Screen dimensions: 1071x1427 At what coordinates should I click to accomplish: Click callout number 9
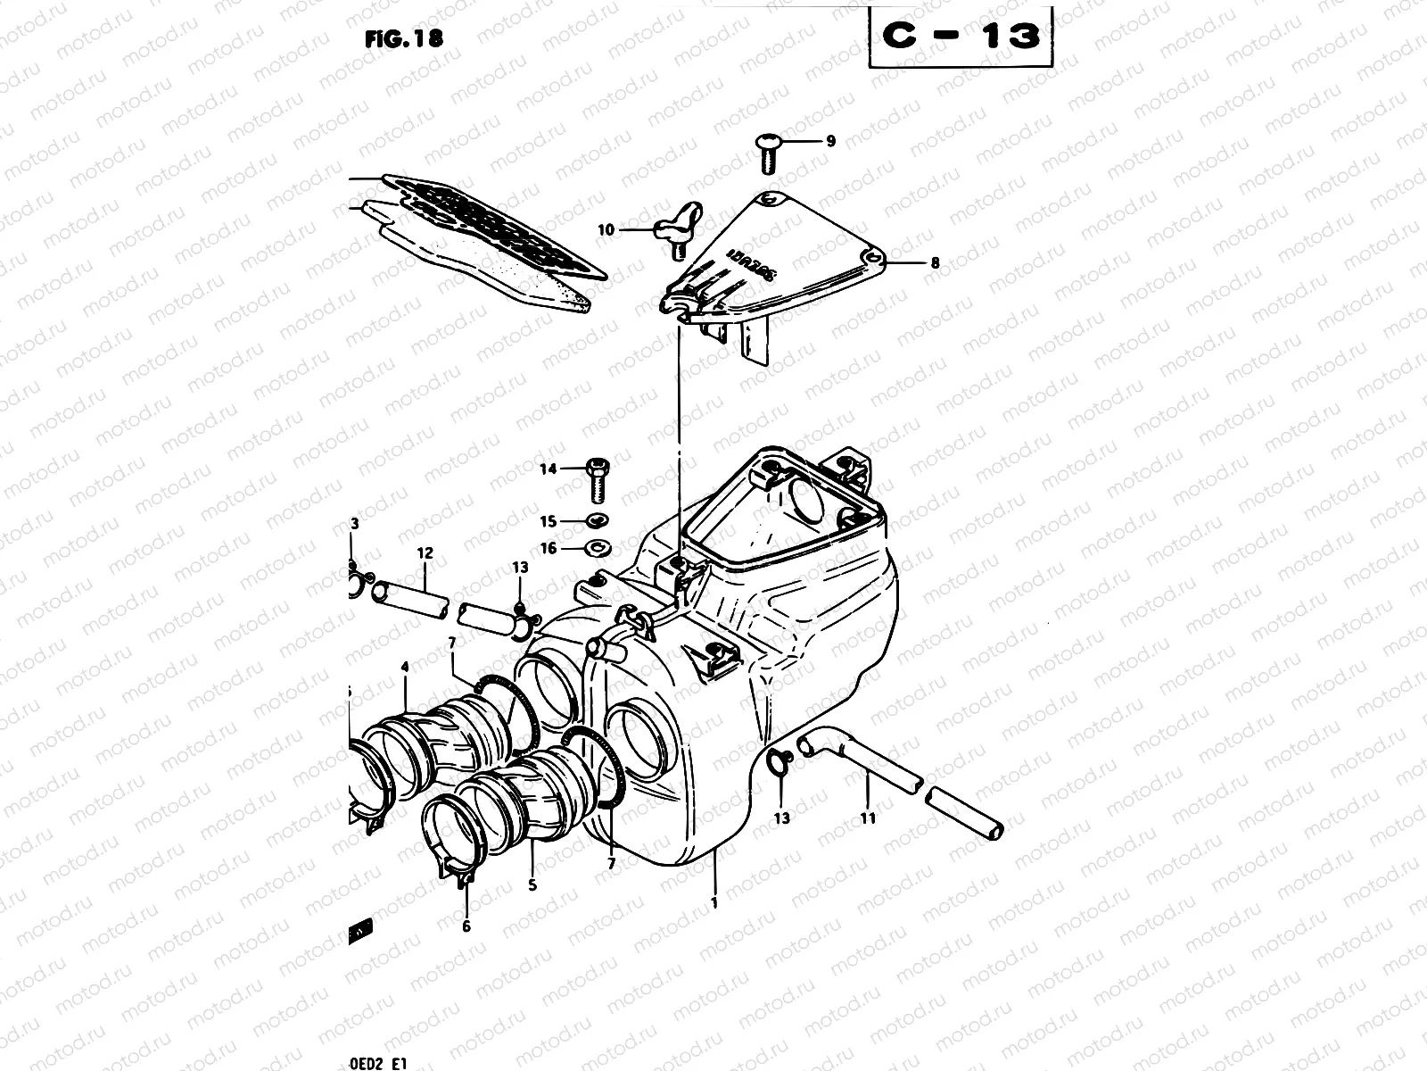[x=830, y=141]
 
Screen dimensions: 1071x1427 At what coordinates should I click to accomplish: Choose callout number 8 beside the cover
[x=935, y=263]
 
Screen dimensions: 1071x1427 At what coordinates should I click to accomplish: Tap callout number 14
[x=548, y=469]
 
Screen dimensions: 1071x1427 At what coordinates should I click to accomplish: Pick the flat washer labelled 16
[x=598, y=547]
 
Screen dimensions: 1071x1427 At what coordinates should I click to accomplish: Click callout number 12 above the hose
[x=425, y=553]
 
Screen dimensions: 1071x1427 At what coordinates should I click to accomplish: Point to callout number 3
[x=354, y=523]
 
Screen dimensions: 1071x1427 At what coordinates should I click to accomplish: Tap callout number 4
[x=405, y=666]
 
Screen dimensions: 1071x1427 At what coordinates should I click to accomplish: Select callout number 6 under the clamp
[x=466, y=926]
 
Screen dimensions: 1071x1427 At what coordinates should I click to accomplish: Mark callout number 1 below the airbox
[x=714, y=902]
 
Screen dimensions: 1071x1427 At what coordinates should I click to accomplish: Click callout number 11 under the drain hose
[x=869, y=818]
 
